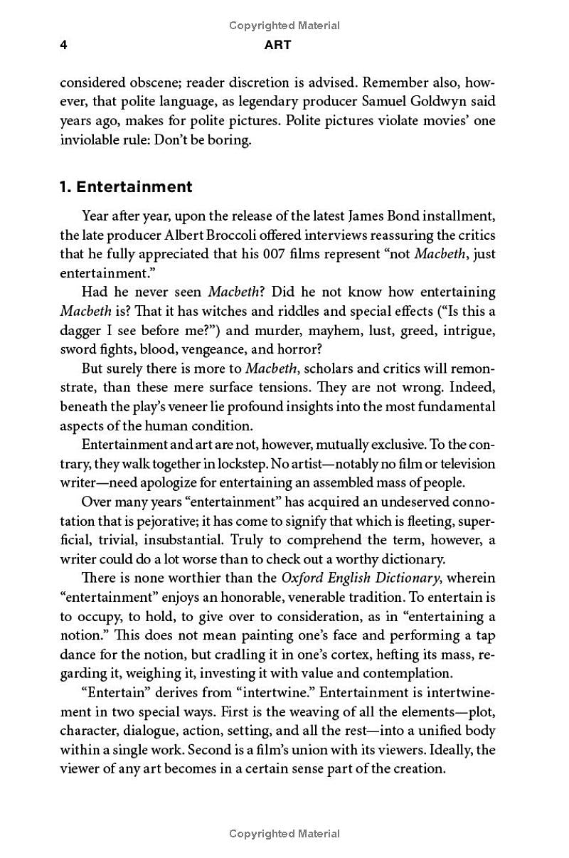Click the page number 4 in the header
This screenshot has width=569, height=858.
pos(63,45)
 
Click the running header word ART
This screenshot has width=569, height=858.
pos(277,45)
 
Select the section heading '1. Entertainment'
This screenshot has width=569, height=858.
pos(126,187)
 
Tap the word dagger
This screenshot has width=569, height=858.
pos(82,330)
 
